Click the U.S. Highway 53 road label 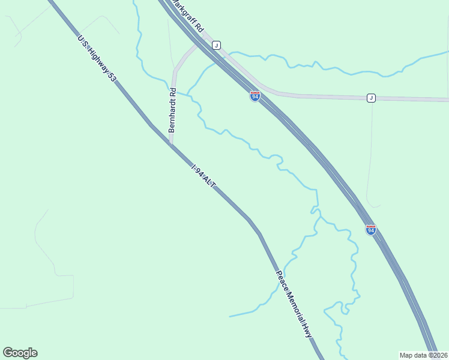[x=96, y=58]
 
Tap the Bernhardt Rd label [x=172, y=110]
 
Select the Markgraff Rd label [x=188, y=16]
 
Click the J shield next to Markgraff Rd [x=217, y=45]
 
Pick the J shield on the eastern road [x=371, y=98]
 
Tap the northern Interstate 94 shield [x=255, y=96]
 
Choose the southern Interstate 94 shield [x=371, y=230]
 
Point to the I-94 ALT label [x=203, y=178]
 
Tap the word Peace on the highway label [x=282, y=280]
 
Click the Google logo [x=20, y=353]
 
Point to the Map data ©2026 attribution [x=424, y=355]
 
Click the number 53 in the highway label [x=112, y=76]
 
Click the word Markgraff [x=184, y=12]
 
